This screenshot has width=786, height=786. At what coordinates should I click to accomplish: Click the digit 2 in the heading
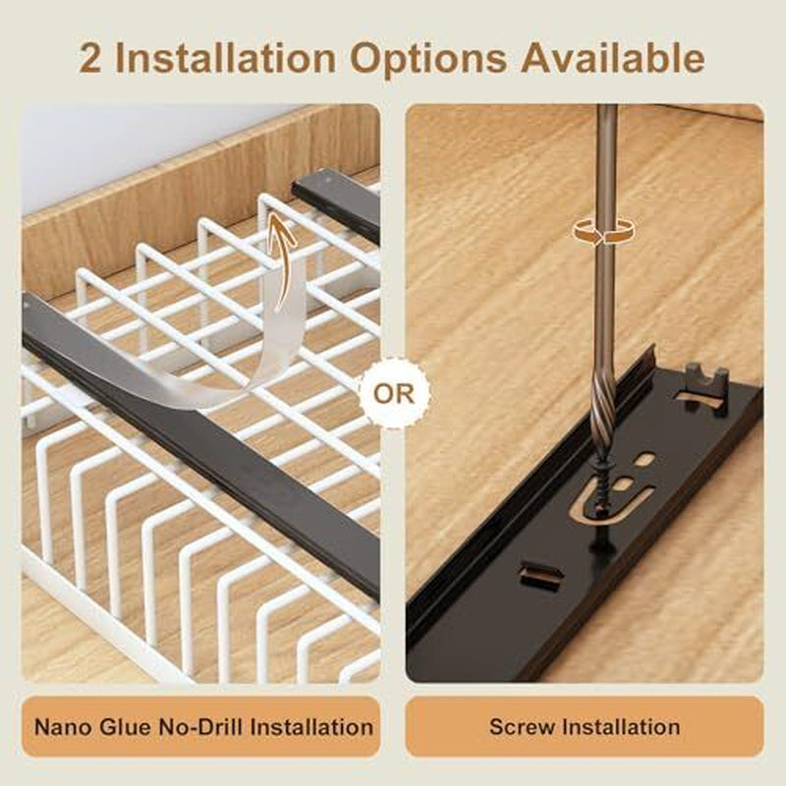point(90,59)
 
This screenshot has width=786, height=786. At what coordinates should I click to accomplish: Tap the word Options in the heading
point(428,59)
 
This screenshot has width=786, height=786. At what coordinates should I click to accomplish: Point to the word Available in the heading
point(612,58)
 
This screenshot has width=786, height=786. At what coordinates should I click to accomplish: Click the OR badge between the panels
point(394,394)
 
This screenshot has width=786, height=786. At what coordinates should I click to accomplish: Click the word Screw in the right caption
point(521,727)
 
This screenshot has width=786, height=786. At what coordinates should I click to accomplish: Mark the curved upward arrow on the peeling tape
point(282,260)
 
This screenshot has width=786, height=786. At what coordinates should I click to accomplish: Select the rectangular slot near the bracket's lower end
point(540,574)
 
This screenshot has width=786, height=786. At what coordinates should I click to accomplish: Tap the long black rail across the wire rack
point(200,446)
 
